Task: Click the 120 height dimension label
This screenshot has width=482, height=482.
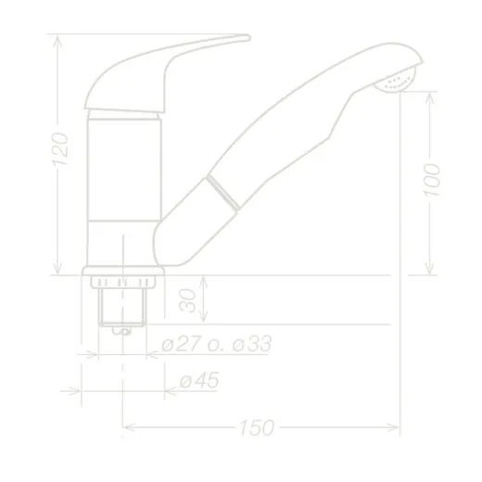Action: [x=60, y=149]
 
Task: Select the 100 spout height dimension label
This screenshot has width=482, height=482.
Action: [x=432, y=180]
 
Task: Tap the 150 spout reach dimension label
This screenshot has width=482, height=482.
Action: [x=257, y=427]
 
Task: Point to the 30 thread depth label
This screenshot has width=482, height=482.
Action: [x=187, y=300]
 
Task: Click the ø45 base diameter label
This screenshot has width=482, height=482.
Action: [x=199, y=380]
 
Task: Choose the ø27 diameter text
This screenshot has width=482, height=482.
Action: [x=182, y=343]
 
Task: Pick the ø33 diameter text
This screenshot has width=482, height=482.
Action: [x=252, y=343]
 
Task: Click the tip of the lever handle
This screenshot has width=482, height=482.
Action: [x=249, y=38]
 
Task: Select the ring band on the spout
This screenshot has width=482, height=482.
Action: [x=223, y=192]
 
